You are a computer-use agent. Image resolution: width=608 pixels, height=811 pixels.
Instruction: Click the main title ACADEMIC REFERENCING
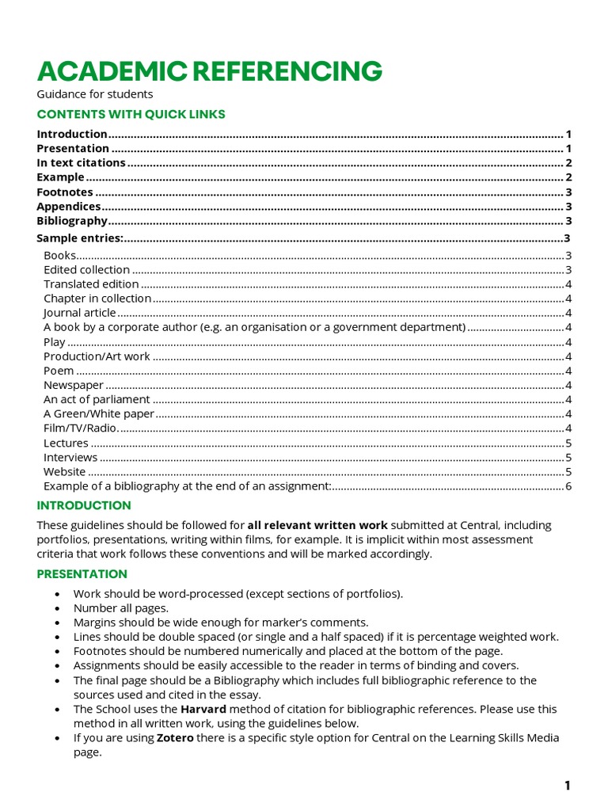(210, 71)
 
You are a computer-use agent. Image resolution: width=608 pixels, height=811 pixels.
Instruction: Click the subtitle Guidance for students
(94, 94)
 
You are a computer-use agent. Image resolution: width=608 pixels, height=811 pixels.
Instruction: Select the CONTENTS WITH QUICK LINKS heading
(131, 114)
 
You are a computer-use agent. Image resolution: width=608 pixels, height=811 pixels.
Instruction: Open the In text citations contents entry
(81, 162)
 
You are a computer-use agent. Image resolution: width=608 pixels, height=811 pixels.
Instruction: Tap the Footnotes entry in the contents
(65, 192)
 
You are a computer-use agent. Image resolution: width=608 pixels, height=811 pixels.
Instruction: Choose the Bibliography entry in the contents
(72, 220)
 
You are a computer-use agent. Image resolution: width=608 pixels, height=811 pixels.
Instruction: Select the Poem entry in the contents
(59, 371)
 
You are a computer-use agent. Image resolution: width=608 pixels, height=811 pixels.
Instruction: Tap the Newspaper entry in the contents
(74, 385)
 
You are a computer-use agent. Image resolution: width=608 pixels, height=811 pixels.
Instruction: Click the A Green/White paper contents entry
(98, 413)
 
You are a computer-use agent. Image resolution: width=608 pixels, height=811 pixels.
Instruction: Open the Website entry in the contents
(64, 471)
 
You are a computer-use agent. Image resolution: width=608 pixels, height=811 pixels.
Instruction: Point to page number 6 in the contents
(568, 485)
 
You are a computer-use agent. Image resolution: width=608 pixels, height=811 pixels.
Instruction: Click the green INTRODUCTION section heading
(84, 505)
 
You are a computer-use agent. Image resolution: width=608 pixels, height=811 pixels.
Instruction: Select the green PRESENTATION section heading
(82, 573)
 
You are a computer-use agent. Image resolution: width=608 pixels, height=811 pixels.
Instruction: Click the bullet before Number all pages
(57, 608)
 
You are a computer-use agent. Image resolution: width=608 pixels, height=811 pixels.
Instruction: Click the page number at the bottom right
(567, 786)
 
